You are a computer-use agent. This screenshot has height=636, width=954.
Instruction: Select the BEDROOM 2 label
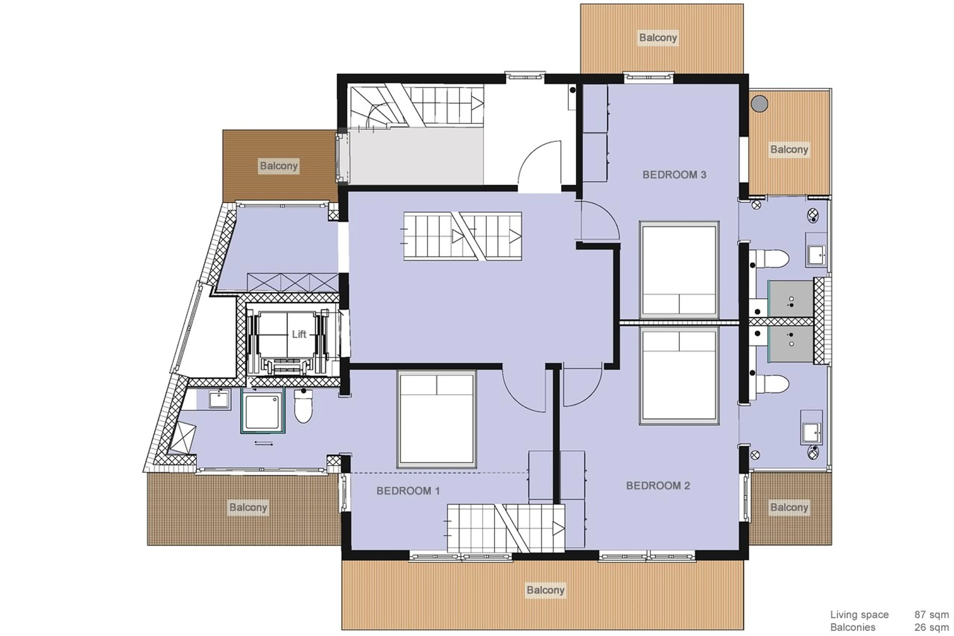(x=658, y=486)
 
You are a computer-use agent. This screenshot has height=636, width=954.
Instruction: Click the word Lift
(x=299, y=334)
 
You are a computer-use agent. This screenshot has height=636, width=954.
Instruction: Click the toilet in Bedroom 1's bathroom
(x=303, y=406)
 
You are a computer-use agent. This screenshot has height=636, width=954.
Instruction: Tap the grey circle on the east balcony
(x=759, y=104)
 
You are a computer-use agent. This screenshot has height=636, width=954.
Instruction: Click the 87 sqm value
(x=931, y=615)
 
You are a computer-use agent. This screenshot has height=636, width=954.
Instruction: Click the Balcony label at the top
(x=658, y=38)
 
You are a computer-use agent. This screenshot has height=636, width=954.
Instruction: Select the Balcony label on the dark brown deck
(x=278, y=166)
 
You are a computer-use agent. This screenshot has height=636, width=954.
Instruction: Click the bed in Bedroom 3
(x=679, y=270)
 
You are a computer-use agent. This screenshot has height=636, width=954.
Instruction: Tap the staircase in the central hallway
(x=462, y=236)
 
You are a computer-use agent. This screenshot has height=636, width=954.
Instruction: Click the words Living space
(x=859, y=615)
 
